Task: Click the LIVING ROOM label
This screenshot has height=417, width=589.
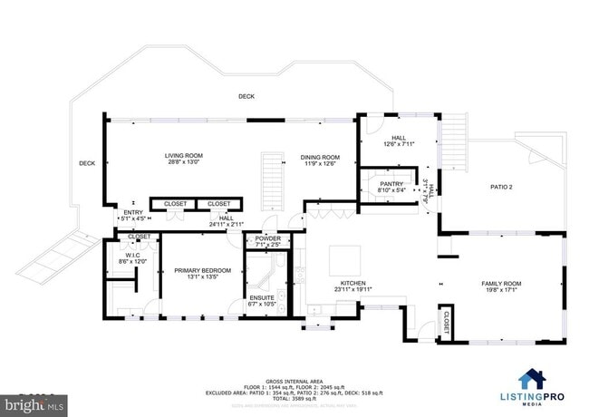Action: tap(184, 156)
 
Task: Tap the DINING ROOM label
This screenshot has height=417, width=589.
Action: tap(320, 157)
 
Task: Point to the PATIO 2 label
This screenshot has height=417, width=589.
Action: tap(501, 188)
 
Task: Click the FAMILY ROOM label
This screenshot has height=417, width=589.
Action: tap(501, 284)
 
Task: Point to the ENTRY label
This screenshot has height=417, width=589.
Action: tap(133, 212)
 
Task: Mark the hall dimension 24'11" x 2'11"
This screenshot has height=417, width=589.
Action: tap(227, 223)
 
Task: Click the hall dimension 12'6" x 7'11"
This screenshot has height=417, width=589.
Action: tap(399, 144)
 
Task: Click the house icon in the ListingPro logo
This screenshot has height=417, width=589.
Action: tap(531, 378)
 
